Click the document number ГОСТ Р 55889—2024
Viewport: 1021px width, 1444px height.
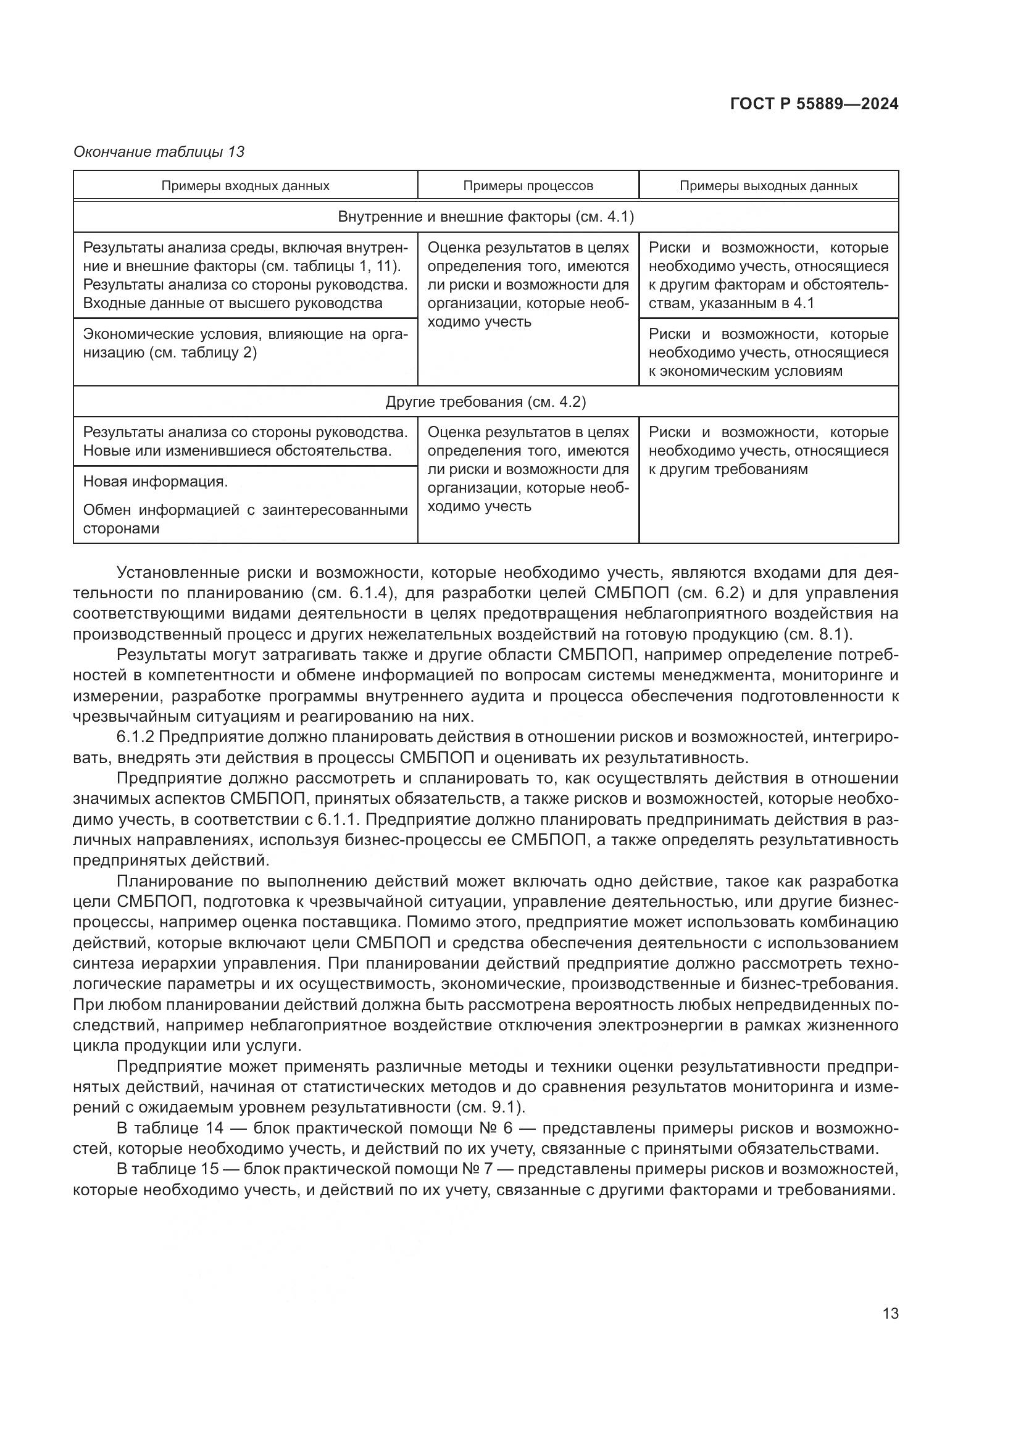pyautogui.click(x=814, y=104)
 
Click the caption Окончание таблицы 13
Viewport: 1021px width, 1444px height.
pyautogui.click(x=159, y=152)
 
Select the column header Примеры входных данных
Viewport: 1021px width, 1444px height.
pyautogui.click(x=245, y=186)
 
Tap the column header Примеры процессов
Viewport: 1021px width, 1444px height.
pyautogui.click(x=528, y=186)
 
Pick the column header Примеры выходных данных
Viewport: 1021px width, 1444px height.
pyautogui.click(x=769, y=186)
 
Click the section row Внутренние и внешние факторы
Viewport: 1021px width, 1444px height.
pyautogui.click(x=485, y=217)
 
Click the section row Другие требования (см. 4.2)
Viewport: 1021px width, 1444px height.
pyautogui.click(x=485, y=402)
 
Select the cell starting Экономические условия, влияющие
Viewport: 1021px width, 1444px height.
pyautogui.click(x=245, y=343)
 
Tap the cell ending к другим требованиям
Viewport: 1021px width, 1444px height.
pyautogui.click(x=769, y=451)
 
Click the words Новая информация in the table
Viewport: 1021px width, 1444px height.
pyautogui.click(x=156, y=482)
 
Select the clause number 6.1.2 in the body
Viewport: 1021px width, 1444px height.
pyautogui.click(x=135, y=737)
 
